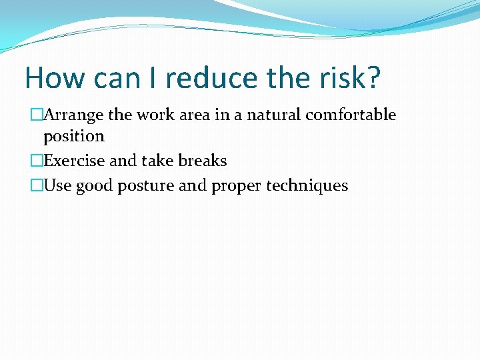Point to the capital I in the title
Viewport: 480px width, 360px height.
pyautogui.click(x=153, y=79)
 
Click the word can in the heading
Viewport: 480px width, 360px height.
pyautogui.click(x=117, y=79)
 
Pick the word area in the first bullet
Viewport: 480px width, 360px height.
pyautogui.click(x=194, y=115)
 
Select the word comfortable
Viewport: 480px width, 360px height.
pyautogui.click(x=351, y=115)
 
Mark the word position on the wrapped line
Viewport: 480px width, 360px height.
pyautogui.click(x=74, y=137)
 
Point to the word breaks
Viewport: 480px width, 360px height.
pyautogui.click(x=202, y=161)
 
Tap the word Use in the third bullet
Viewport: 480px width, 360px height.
pyautogui.click(x=57, y=185)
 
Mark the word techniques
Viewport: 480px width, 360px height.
pyautogui.click(x=307, y=185)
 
